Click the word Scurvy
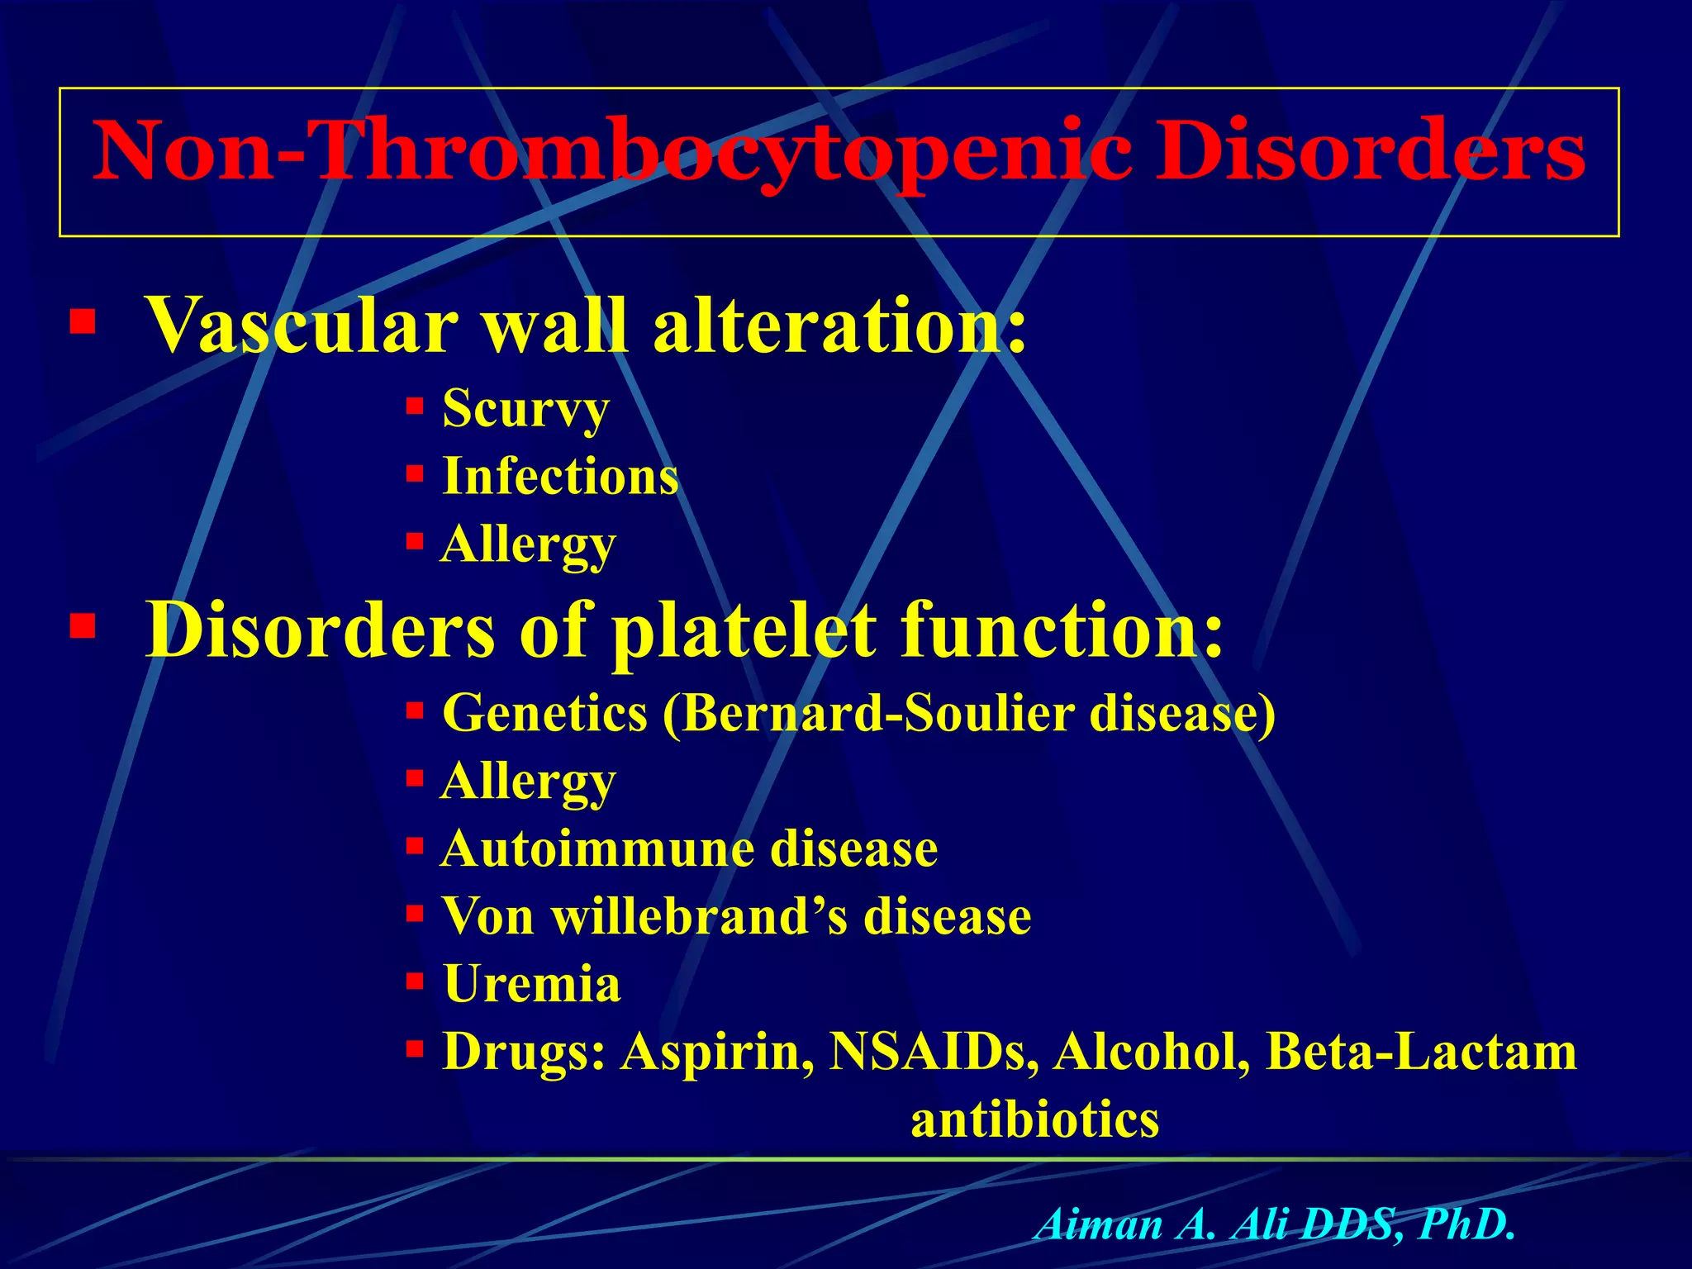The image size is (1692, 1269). (525, 408)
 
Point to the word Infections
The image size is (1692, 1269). (560, 477)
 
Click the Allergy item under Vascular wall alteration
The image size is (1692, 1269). (529, 545)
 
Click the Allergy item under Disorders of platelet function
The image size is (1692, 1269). (529, 782)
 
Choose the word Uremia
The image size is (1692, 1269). (531, 985)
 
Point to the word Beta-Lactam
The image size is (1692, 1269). (1421, 1053)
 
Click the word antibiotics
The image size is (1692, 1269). (1034, 1120)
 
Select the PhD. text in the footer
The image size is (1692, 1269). (1466, 1224)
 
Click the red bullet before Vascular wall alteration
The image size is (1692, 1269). (83, 321)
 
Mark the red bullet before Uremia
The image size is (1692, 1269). (415, 982)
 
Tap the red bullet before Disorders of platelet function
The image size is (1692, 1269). (83, 626)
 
